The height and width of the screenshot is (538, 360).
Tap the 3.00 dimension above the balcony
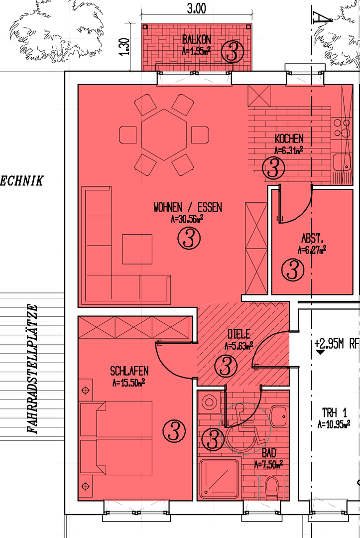pos(196,8)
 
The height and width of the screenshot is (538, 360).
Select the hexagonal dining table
pos(164,134)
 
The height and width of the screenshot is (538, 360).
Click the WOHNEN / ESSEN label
pos(188,207)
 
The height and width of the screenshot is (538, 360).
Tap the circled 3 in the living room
pos(189,239)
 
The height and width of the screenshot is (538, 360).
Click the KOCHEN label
pos(289,139)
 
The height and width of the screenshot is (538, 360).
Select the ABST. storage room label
pos(311,238)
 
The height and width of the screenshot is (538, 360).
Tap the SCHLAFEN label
pos(129,371)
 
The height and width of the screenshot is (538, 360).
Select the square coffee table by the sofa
pos(137,249)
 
